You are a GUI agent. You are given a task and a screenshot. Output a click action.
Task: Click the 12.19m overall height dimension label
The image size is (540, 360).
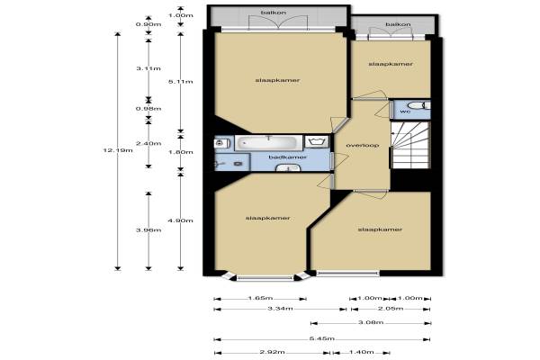(118, 150)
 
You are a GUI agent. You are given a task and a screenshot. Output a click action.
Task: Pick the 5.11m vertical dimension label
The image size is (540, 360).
(181, 82)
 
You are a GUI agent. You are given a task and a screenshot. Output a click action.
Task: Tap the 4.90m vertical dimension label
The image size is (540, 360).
(181, 220)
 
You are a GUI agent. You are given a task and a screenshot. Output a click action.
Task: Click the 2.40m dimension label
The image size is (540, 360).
(148, 143)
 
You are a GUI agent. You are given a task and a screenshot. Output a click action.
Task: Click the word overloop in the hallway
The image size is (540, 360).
(363, 146)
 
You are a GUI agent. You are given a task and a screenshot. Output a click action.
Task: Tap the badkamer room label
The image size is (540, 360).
(288, 157)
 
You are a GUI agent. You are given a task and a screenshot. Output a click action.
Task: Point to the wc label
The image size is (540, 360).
(405, 112)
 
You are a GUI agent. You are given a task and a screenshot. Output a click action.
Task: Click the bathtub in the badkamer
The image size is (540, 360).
(268, 142)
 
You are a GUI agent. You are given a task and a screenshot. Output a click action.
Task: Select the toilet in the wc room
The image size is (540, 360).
(418, 105)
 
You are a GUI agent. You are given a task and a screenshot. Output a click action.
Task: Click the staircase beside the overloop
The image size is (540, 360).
(410, 145)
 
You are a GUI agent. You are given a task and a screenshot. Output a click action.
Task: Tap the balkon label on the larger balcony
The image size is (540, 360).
(274, 13)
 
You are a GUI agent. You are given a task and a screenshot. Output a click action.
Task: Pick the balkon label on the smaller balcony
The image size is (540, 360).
(398, 24)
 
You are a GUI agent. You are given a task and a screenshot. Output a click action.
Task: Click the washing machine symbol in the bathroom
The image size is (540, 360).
(317, 142)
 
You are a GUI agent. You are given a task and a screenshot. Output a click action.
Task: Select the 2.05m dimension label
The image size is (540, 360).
(391, 308)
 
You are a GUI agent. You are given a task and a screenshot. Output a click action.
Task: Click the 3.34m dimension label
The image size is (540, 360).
(280, 308)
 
